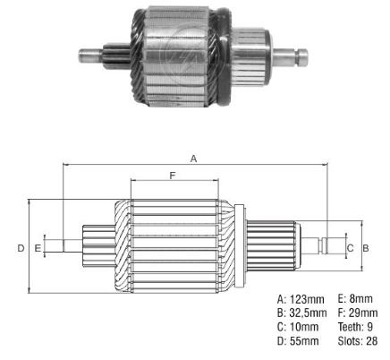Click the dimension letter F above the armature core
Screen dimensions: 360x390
(x=171, y=176)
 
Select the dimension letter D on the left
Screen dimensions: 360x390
(x=21, y=247)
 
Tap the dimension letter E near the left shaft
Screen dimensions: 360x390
(x=38, y=246)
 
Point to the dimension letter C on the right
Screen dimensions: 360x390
(x=350, y=247)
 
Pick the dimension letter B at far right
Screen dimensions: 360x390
(x=366, y=247)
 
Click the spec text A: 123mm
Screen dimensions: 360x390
(x=301, y=298)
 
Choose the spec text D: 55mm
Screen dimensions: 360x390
(x=298, y=341)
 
